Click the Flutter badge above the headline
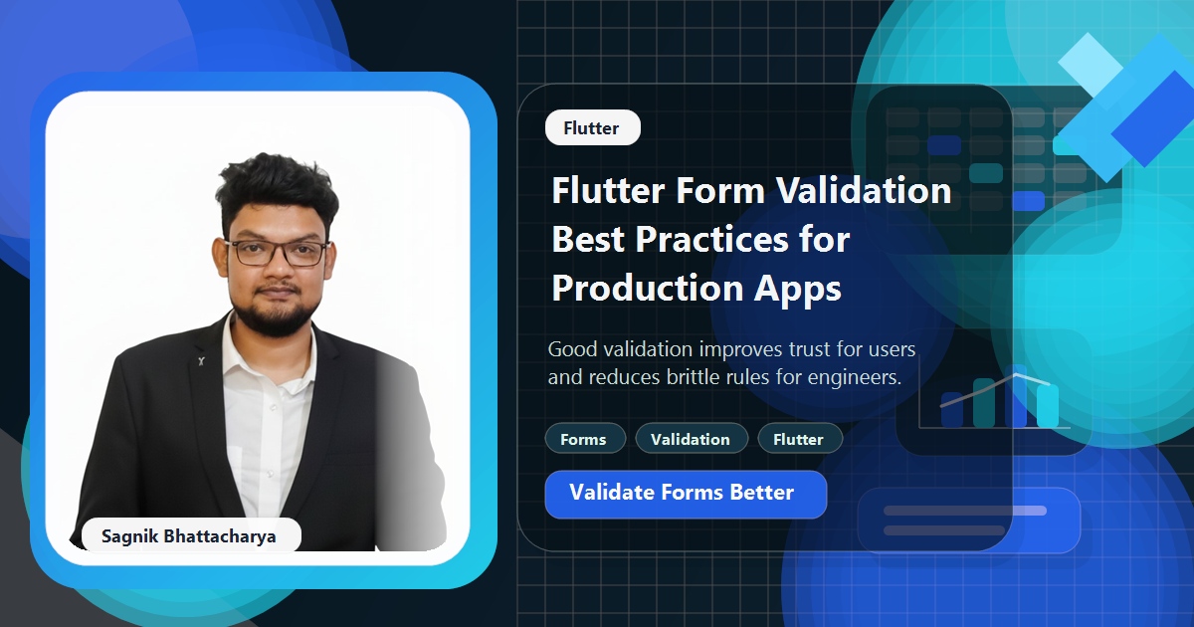pos(592,128)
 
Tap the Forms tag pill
pos(584,439)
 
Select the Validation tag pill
pos(691,439)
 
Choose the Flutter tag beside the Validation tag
pos(799,439)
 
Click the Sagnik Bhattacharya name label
pos(189,536)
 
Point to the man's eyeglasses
pos(278,252)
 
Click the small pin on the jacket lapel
pos(200,360)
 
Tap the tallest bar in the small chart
pos(1017,395)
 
